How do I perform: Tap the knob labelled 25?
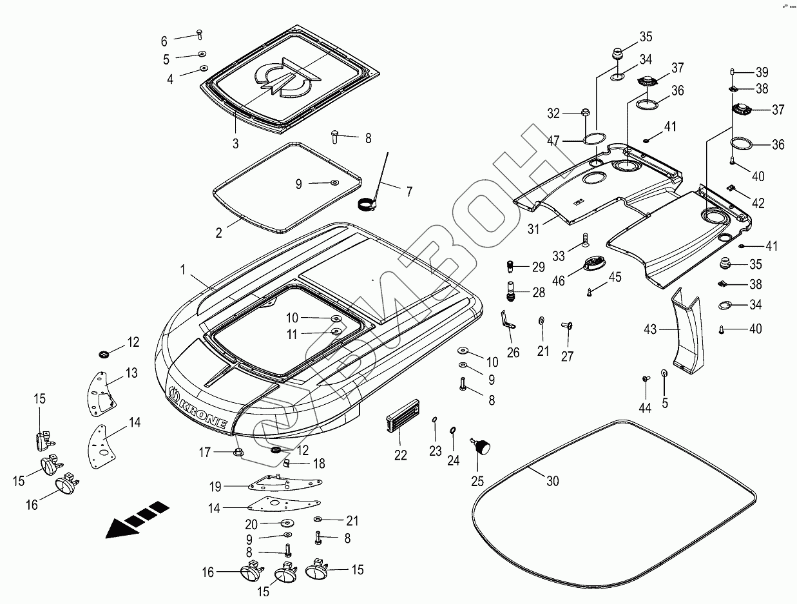coord(481,445)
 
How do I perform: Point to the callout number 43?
coord(650,330)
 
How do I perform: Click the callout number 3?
coord(236,144)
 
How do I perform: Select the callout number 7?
coord(409,191)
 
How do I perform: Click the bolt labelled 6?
coord(199,34)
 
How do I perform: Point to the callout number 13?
coord(131,373)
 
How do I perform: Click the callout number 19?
coord(215,486)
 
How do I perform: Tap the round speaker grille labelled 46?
coord(592,264)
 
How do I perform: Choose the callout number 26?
coord(513,352)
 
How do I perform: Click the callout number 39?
coord(762,72)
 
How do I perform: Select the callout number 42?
coord(758,203)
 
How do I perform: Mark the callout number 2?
coord(219,233)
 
